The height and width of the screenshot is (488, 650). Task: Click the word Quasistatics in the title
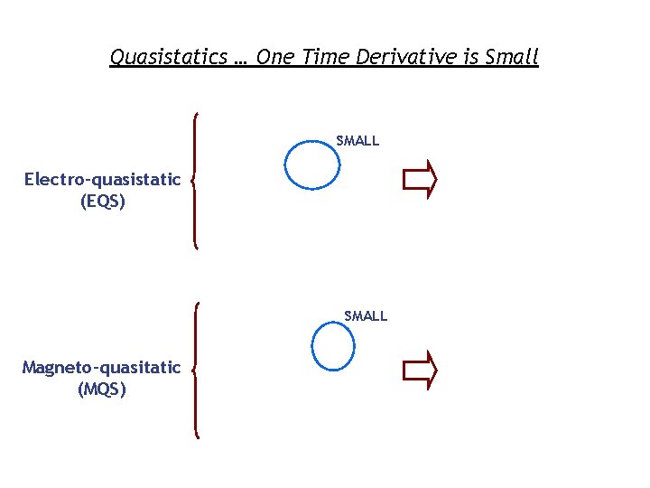pos(168,57)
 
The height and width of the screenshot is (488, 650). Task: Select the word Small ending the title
pos(511,57)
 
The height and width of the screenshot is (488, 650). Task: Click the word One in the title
pos(275,57)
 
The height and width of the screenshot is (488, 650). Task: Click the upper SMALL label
pos(357,141)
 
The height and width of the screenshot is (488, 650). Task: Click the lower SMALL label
pos(366,316)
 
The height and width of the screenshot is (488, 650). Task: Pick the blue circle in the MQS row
pos(332,346)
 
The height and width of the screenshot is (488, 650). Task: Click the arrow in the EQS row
pos(420,180)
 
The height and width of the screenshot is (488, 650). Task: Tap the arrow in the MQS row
pos(420,370)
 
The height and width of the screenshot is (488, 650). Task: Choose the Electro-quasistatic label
pos(102,179)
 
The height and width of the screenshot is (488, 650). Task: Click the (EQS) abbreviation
pos(103,201)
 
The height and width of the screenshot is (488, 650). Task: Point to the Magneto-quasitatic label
pos(101,368)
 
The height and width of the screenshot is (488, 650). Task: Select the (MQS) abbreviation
pos(102,389)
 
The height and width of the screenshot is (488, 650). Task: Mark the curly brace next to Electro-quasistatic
pos(196,180)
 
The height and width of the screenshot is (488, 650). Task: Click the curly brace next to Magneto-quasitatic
pos(196,370)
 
